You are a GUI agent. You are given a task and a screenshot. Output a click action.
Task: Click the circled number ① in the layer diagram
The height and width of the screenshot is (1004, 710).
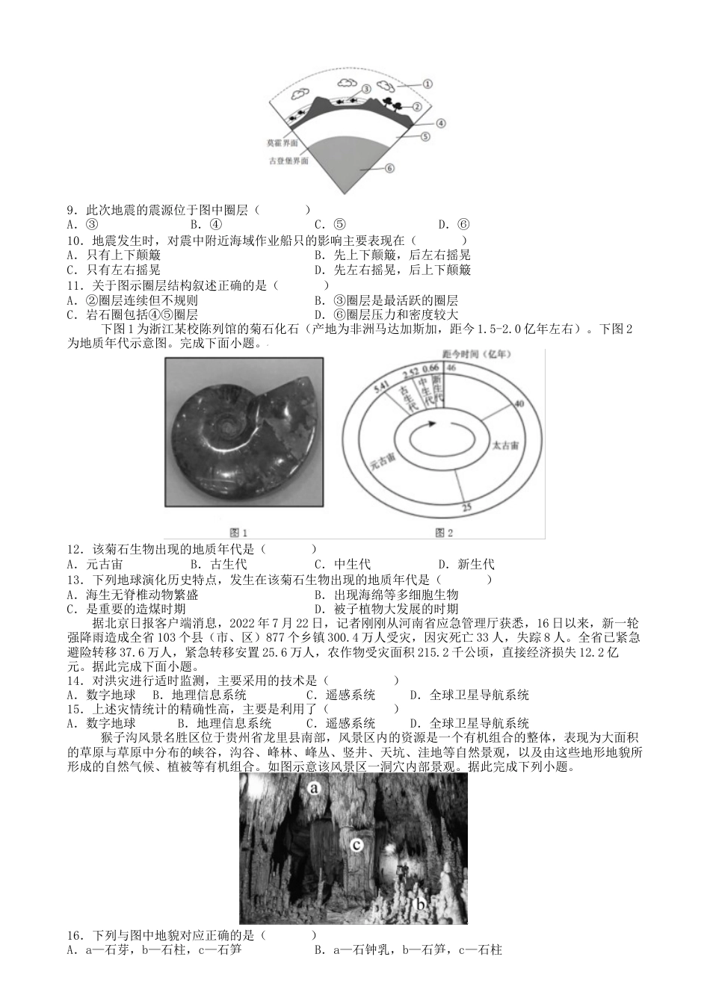pos(427,84)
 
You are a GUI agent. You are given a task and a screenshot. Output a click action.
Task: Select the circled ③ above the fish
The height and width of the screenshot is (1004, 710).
pos(366,88)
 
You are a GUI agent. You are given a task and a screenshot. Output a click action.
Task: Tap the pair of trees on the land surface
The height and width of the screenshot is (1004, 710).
pos(392,103)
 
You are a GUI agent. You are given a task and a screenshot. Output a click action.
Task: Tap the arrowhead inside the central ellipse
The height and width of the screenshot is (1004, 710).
pos(432,424)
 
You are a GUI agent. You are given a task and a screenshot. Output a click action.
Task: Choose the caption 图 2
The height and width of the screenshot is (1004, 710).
pos(444,533)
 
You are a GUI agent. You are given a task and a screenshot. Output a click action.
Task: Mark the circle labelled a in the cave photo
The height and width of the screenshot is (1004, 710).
pos(315,787)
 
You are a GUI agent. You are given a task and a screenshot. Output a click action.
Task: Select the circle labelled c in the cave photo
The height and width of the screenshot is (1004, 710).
pos(356,845)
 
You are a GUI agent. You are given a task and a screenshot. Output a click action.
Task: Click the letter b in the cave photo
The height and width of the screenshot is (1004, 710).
pos(421,905)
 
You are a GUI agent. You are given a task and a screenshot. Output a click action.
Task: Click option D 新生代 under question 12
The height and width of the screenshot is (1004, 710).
pos(466,564)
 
